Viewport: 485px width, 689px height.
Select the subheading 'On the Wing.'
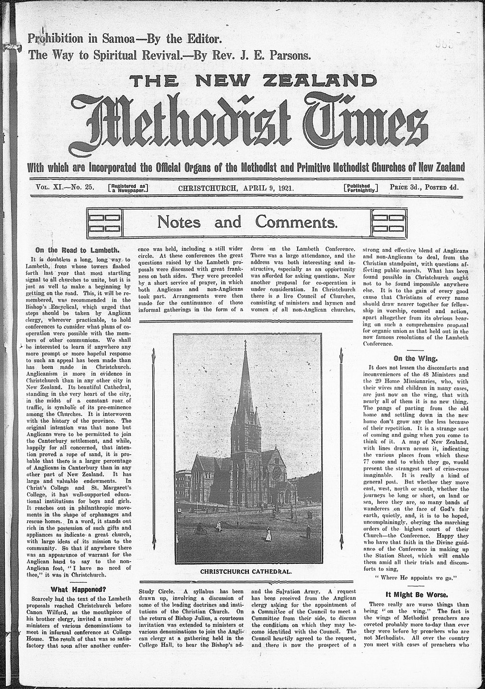point(412,359)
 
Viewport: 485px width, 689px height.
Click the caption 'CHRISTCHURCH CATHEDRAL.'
point(246,571)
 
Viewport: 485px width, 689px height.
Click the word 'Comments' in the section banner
point(296,223)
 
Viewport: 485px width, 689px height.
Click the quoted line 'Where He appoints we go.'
point(414,578)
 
